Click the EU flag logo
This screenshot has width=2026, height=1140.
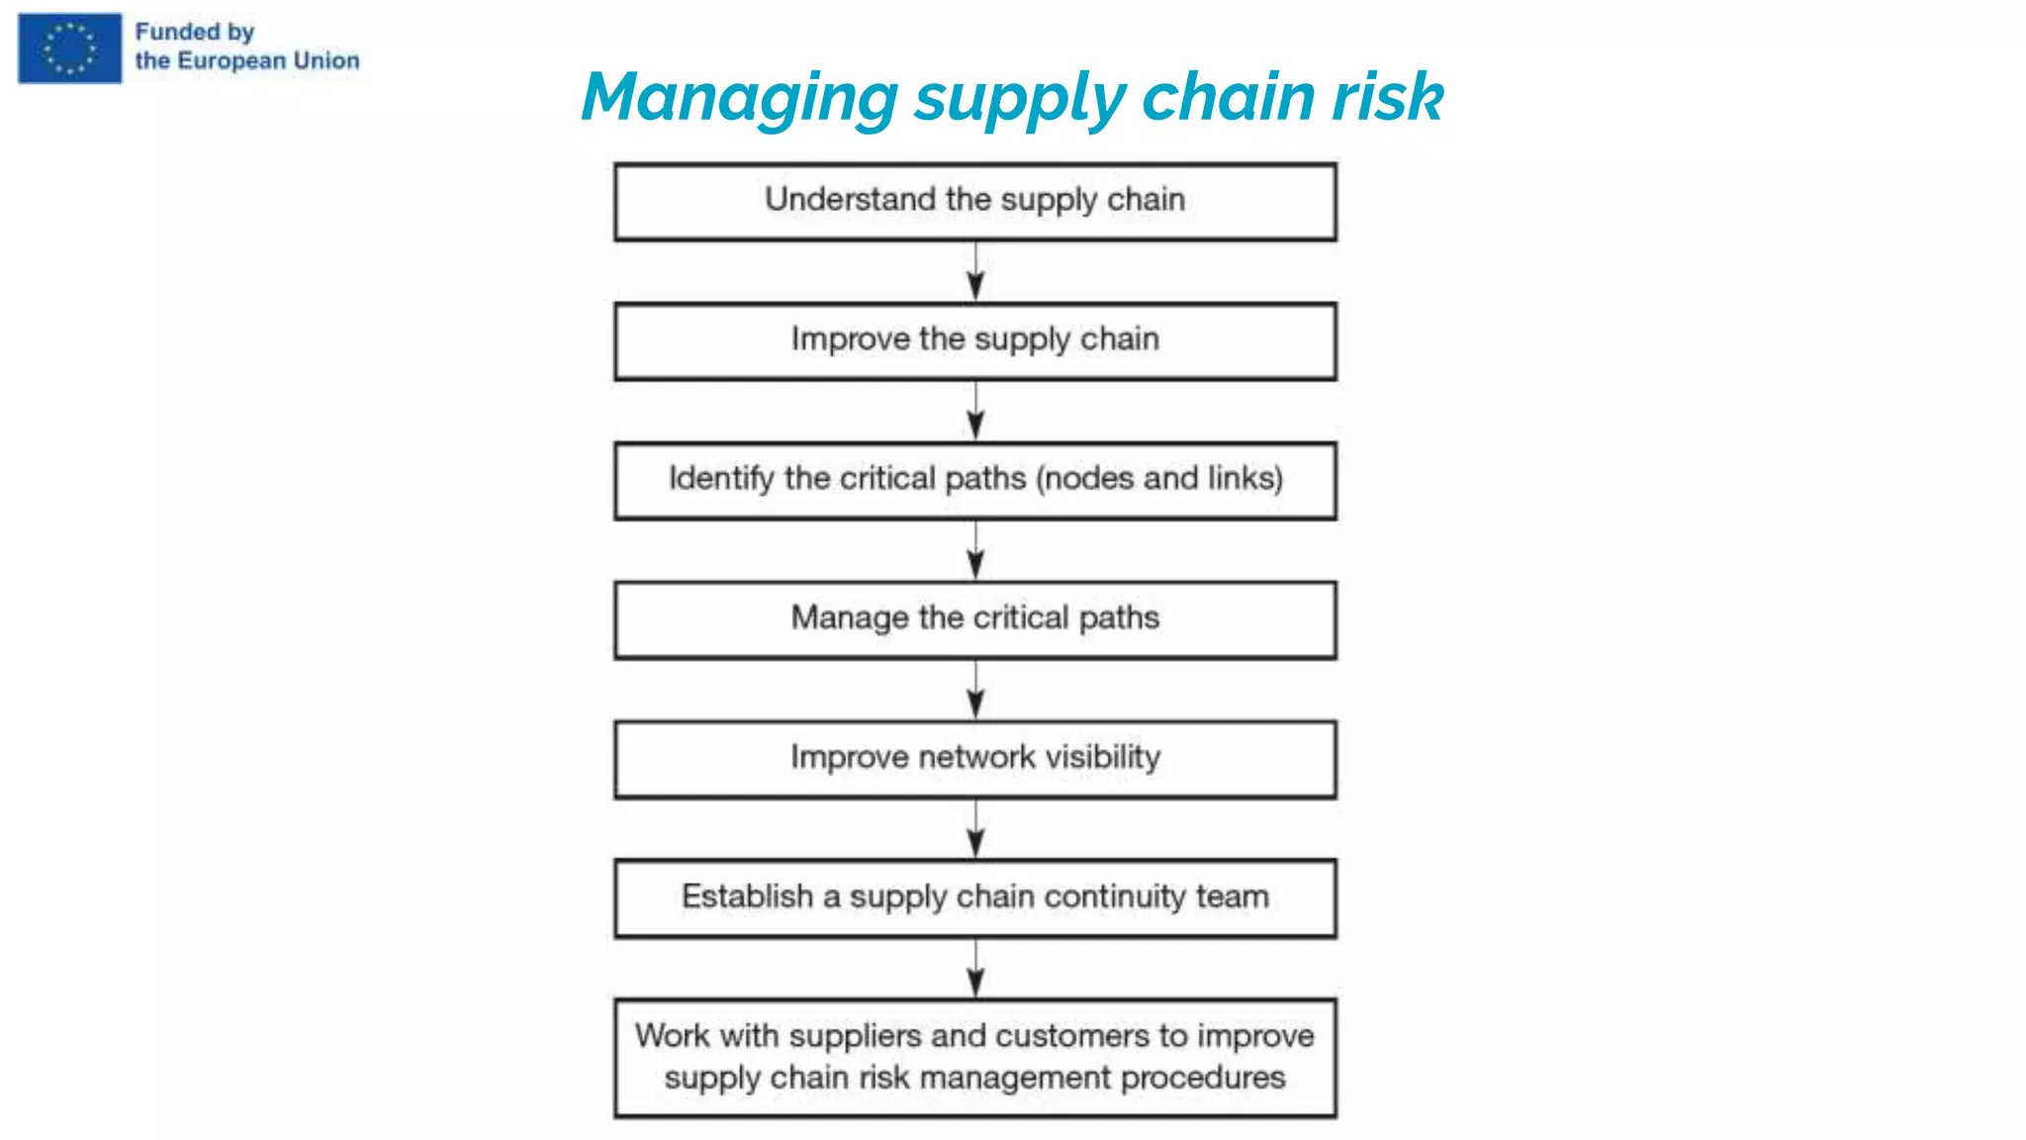69,48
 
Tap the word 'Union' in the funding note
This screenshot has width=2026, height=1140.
326,60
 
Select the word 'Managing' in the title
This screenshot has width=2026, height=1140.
739,98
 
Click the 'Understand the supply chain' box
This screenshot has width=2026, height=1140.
974,202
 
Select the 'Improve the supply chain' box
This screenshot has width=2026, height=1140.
974,341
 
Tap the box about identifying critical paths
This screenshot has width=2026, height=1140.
974,481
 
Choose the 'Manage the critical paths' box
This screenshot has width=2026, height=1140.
974,619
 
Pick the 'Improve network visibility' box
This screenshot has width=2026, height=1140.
974,759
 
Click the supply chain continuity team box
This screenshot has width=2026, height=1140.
974,898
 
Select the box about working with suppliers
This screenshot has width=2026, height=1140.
974,1057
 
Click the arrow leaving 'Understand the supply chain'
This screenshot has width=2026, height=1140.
975,271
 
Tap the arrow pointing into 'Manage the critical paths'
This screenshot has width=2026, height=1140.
975,550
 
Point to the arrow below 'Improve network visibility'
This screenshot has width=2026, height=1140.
975,828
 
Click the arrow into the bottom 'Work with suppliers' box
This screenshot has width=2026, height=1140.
975,968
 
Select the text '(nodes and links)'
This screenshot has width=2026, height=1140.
1159,479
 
